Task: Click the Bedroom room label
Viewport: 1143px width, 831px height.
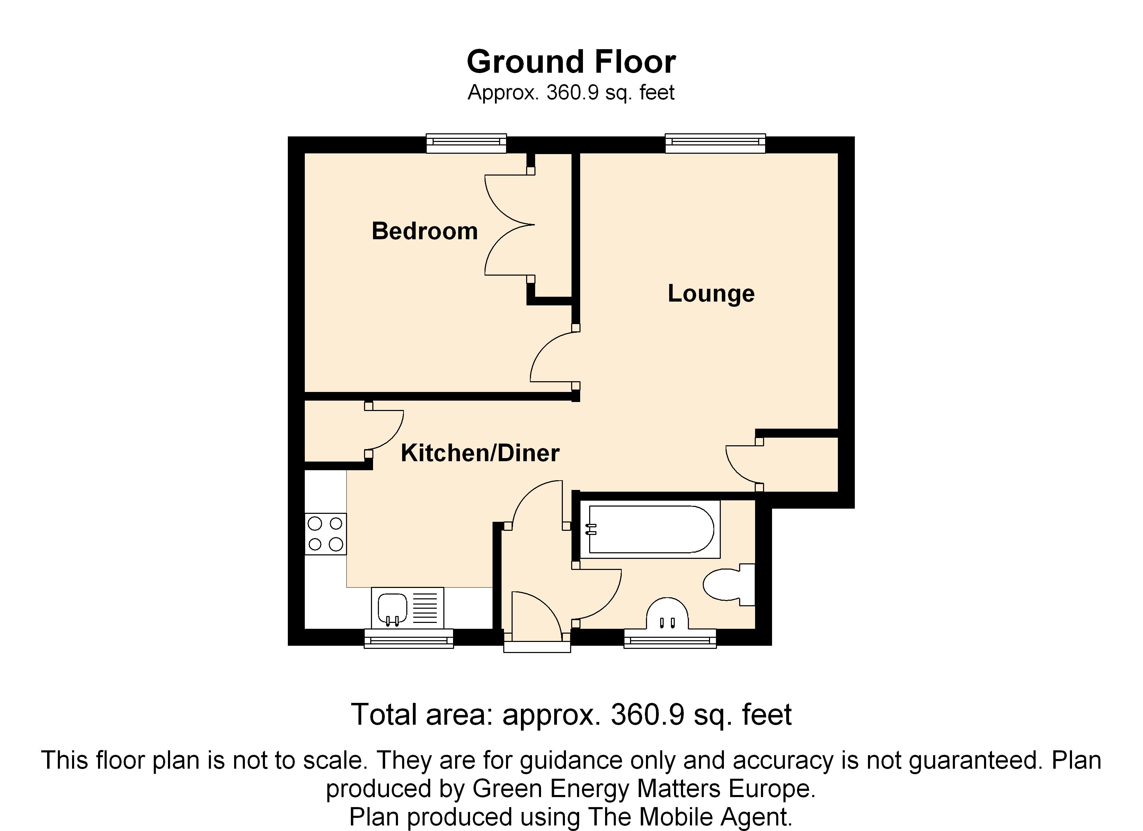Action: click(424, 231)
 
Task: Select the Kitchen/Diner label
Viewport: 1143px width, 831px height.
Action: click(480, 453)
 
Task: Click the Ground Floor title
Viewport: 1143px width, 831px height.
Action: click(571, 62)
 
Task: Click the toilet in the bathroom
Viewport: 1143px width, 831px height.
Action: click(729, 584)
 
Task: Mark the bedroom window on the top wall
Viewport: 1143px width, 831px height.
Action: click(466, 143)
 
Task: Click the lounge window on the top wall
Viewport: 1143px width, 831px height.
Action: click(715, 143)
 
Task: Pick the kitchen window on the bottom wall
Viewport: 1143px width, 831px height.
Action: click(409, 638)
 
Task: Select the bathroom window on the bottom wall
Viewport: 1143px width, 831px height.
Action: click(670, 638)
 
